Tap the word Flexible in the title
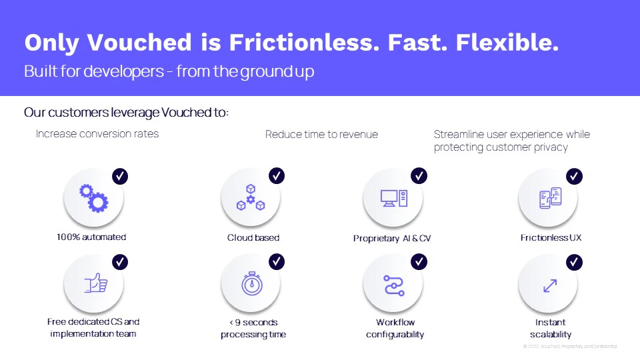[x=507, y=43]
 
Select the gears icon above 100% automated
[x=93, y=197]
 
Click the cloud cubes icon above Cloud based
[x=251, y=197]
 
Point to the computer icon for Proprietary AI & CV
[x=393, y=198]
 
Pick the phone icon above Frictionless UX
[x=550, y=197]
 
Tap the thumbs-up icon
[x=96, y=283]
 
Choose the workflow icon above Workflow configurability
[x=394, y=285]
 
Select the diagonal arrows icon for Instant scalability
[x=550, y=285]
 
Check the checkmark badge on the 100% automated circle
[x=120, y=176]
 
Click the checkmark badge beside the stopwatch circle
[x=277, y=262]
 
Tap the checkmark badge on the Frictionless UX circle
[x=574, y=176]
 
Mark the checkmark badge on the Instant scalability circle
[x=574, y=262]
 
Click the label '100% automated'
[x=91, y=237]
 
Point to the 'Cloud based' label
[x=253, y=237]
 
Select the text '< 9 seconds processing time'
[x=253, y=328]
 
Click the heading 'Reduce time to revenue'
[x=321, y=134]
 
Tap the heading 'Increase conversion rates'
[x=97, y=133]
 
